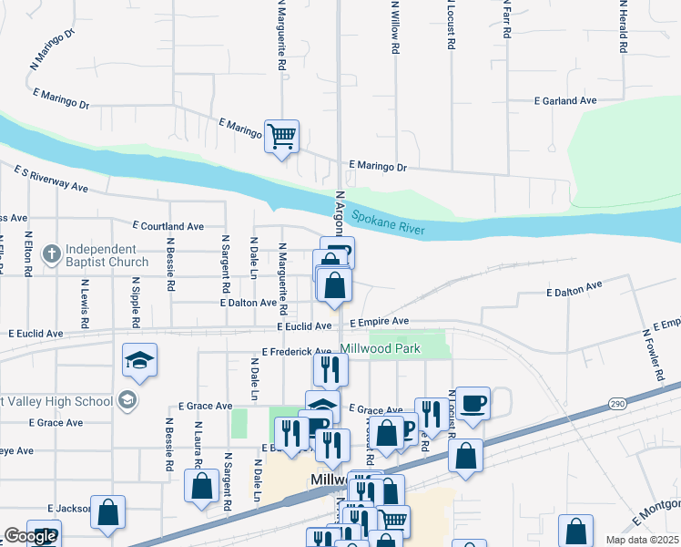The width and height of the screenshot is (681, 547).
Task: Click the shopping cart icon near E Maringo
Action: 282,137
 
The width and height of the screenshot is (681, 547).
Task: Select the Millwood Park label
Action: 381,348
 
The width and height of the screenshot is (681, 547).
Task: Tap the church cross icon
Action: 52,252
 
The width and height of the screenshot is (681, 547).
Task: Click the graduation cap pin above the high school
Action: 139,361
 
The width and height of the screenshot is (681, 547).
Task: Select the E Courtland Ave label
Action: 168,225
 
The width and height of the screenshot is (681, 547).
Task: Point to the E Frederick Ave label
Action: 297,351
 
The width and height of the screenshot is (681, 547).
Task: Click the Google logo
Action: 30,536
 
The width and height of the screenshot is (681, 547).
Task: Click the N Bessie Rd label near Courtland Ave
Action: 169,264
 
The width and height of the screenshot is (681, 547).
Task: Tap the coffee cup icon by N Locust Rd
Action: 473,403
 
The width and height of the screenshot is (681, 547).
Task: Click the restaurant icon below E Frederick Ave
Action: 330,368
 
